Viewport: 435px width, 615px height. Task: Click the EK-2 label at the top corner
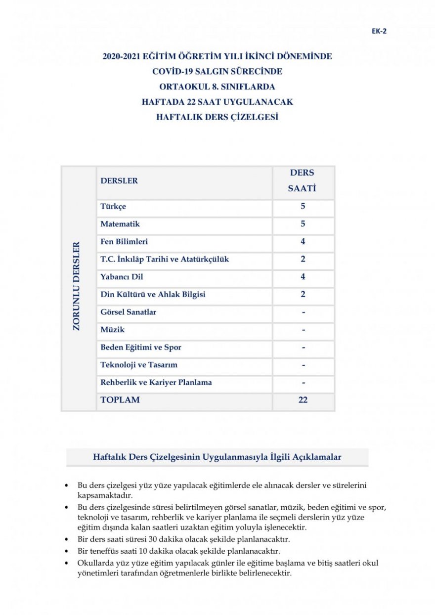coord(379,31)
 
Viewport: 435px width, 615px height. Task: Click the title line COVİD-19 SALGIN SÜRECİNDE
coord(217,72)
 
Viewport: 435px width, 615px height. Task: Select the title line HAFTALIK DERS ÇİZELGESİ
coord(217,118)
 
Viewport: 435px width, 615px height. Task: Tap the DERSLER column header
coord(119,181)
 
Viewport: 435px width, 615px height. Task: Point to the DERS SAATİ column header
coord(303,181)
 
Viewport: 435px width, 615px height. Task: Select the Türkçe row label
coord(113,207)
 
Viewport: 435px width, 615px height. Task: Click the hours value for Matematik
coord(303,224)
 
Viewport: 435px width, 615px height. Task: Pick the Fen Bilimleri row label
coord(124,242)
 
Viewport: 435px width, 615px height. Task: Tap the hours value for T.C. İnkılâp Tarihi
coord(303,259)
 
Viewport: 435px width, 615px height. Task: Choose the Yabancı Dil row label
coord(122,277)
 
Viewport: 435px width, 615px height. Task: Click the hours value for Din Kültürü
coord(303,295)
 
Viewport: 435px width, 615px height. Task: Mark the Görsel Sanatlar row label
coord(128,312)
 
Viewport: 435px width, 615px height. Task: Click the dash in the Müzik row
coord(303,330)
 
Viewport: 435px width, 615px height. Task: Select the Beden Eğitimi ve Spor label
coord(141,348)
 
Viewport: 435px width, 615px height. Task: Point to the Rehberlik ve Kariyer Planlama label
coord(156,383)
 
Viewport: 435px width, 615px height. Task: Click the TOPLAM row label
coord(120,400)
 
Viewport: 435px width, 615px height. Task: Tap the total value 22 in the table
coord(303,400)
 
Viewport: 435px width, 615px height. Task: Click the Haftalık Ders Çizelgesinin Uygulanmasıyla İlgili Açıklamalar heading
coord(217,457)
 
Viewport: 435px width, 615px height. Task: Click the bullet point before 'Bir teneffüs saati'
coord(67,551)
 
